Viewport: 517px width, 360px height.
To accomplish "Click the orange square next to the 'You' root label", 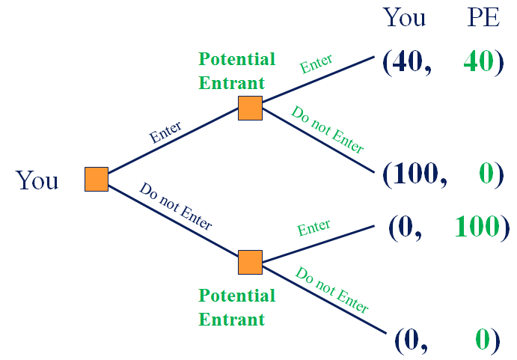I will (97, 180).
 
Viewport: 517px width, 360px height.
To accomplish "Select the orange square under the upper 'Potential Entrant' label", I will (250, 108).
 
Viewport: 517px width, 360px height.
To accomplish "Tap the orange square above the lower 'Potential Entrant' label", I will (250, 263).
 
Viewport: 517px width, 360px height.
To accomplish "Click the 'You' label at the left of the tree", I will (37, 180).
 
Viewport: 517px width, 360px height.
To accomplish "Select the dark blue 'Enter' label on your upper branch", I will (166, 132).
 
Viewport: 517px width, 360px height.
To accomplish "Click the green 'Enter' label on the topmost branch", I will (316, 64).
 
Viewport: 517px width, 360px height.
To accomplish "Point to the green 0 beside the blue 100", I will (486, 174).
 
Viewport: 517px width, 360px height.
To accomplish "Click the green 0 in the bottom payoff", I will (483, 341).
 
